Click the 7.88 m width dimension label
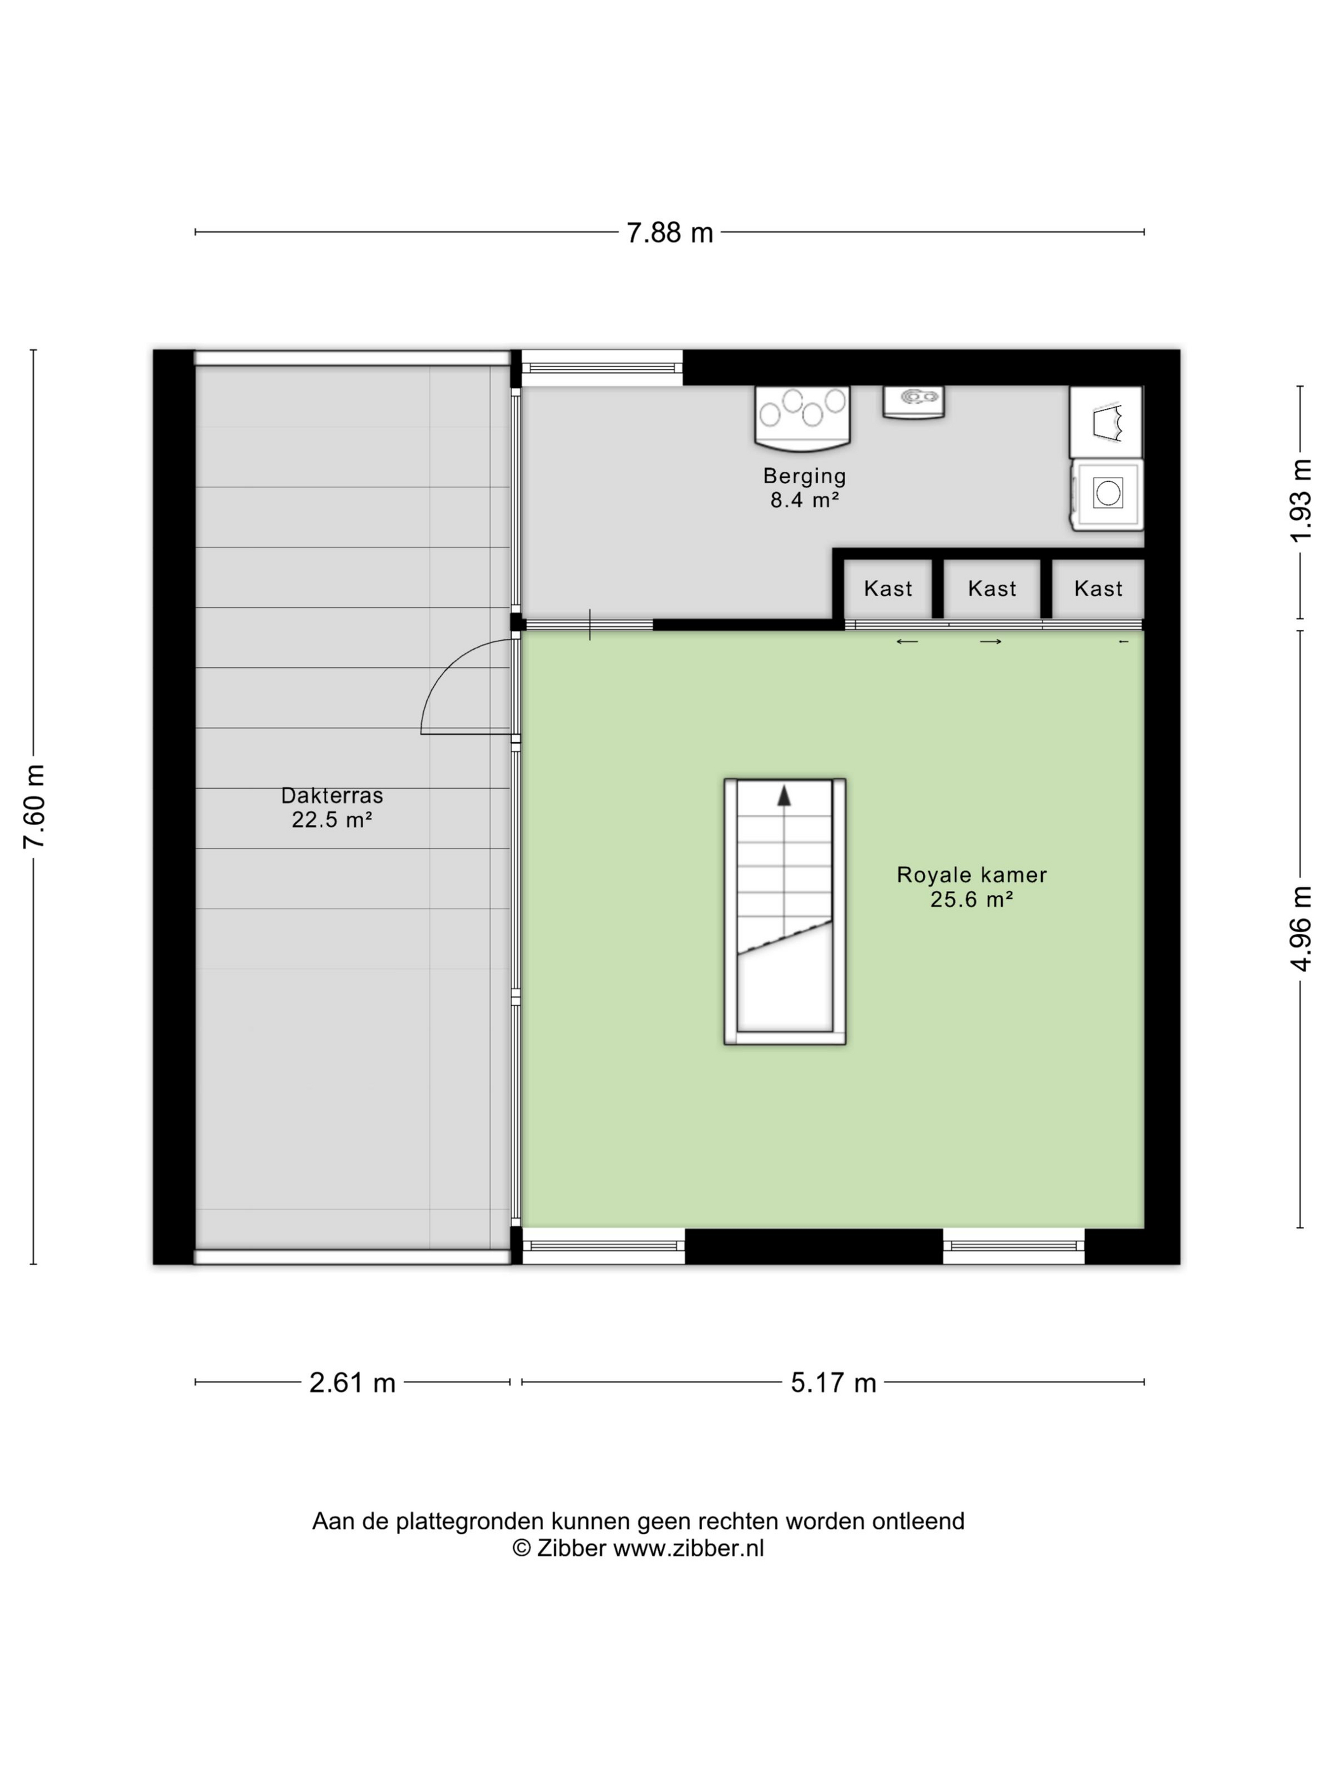click(x=669, y=233)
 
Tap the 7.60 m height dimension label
click(x=34, y=806)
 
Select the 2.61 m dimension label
click(x=352, y=1382)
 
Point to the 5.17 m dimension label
click(x=833, y=1382)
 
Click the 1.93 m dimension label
click(x=1301, y=501)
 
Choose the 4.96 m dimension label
click(x=1301, y=928)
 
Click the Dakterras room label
click(x=332, y=796)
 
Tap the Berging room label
click(x=804, y=476)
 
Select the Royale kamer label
click(x=971, y=874)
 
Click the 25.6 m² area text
click(x=971, y=899)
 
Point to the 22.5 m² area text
click(x=332, y=820)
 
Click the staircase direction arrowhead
click(x=784, y=796)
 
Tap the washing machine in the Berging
click(x=1107, y=493)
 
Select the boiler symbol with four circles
click(x=802, y=417)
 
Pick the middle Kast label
click(x=992, y=589)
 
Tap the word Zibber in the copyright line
click(x=571, y=1548)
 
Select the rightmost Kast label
click(x=1098, y=589)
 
